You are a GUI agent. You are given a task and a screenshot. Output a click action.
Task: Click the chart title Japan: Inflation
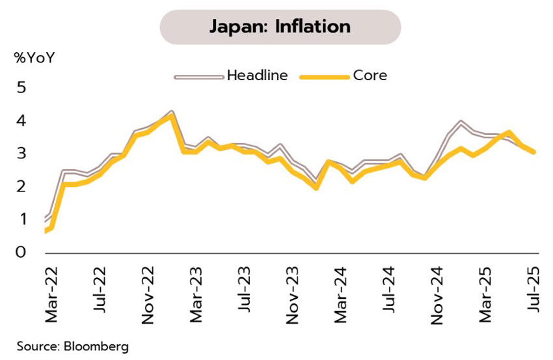[x=280, y=27]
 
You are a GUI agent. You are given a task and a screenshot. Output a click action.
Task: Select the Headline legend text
[x=257, y=76]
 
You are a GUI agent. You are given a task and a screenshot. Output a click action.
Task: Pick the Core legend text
[x=370, y=76]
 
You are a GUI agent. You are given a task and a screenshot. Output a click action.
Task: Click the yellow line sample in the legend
[x=323, y=77]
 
